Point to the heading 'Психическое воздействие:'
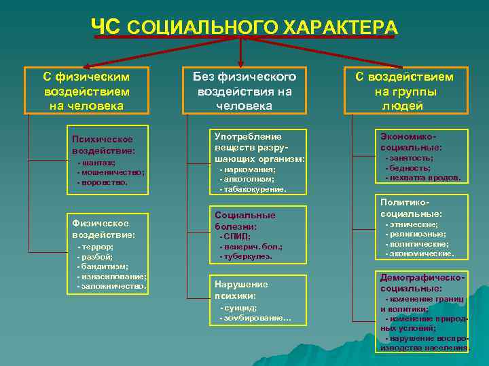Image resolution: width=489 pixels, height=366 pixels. [103, 145]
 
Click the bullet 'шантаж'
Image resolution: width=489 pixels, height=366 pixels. [98, 163]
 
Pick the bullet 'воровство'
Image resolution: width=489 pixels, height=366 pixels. [104, 182]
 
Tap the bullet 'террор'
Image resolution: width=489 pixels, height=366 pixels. [97, 247]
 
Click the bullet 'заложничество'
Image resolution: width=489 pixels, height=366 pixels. [113, 286]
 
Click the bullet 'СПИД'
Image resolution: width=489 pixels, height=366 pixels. [237, 237]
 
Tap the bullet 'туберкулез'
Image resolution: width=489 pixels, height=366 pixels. [247, 256]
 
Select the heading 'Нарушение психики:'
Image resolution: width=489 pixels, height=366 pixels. [240, 290]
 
